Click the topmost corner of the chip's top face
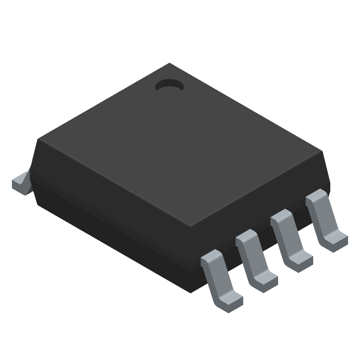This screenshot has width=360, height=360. tap(169, 63)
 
